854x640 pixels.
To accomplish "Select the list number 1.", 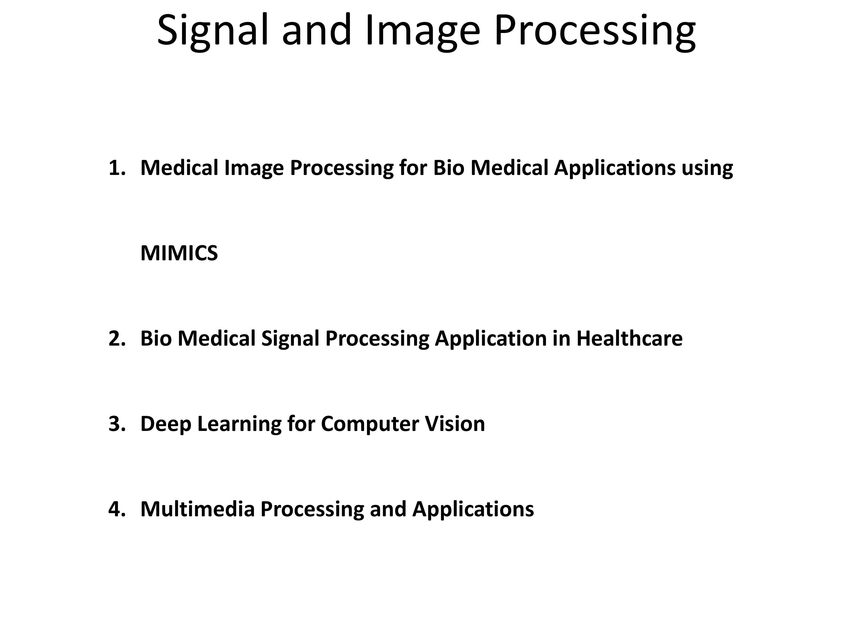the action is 117,168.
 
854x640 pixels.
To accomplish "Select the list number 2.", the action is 117,338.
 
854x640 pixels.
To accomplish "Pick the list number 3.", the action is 117,424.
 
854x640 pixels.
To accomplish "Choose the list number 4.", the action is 117,509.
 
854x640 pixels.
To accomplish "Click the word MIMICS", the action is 179,253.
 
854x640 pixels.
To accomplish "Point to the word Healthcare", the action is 629,338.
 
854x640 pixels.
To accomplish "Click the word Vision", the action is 455,424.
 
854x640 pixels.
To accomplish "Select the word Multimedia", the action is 198,509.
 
